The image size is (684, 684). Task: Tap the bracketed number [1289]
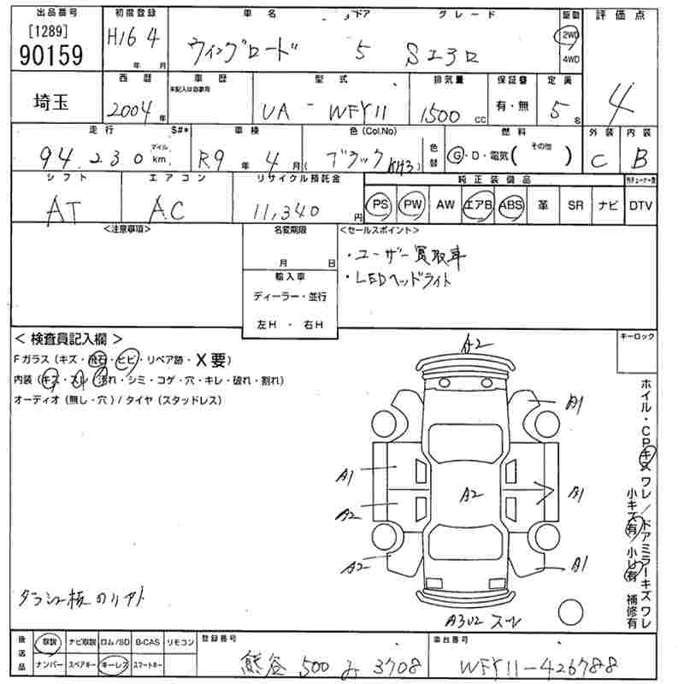(x=48, y=30)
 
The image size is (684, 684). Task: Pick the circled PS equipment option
(x=380, y=205)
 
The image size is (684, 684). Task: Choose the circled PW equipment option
(x=413, y=205)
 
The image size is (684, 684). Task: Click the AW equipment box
(x=445, y=205)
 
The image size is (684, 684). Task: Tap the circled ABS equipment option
(x=510, y=205)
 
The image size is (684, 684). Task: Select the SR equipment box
(x=575, y=205)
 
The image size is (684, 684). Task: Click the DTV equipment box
(x=640, y=205)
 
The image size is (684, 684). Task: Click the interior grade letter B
(x=639, y=156)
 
